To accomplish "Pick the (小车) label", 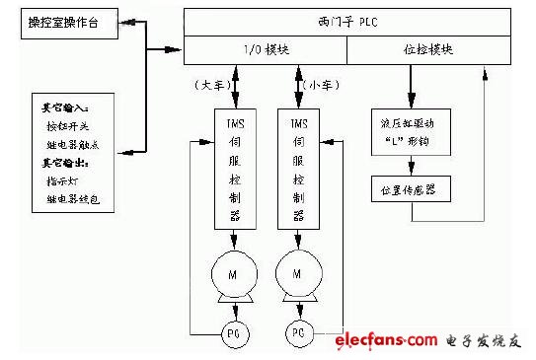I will coord(319,85).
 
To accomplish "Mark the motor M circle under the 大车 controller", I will coord(234,274).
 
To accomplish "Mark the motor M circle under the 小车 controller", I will coord(298,274).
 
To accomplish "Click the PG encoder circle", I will coord(234,332).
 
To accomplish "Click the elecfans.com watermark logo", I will coord(385,341).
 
